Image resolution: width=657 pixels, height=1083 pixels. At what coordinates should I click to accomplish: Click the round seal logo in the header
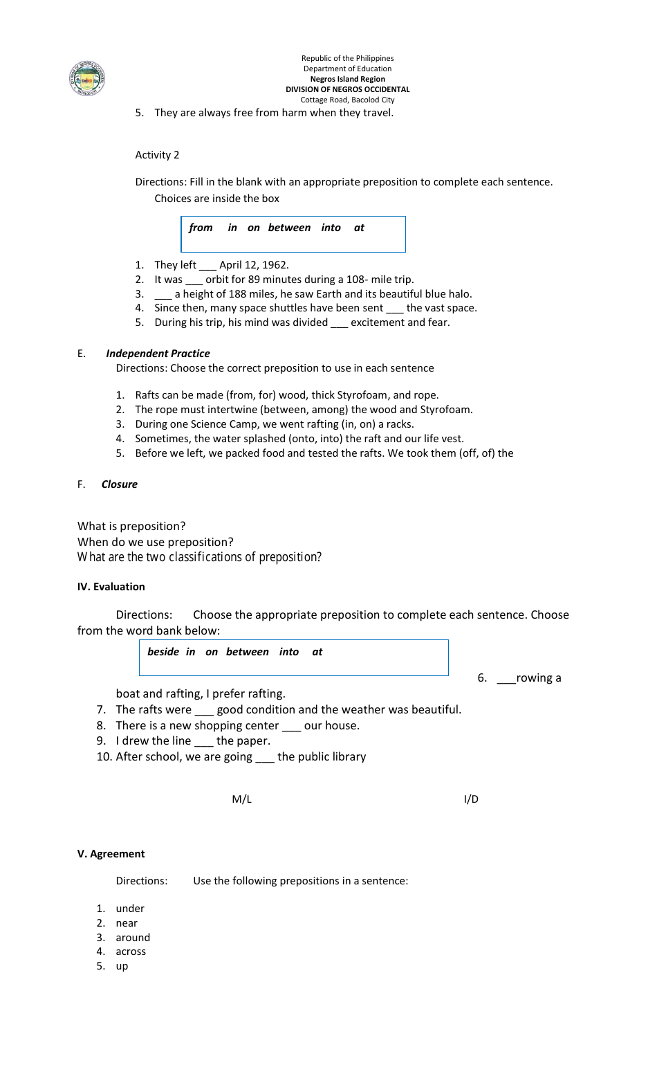(87, 78)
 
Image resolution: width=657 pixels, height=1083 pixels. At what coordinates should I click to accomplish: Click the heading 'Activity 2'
(157, 155)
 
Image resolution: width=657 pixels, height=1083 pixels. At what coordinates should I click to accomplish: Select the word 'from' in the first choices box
(201, 228)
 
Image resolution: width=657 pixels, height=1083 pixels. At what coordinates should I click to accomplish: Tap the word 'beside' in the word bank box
(163, 652)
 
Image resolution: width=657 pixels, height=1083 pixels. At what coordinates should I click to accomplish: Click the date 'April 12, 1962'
(253, 265)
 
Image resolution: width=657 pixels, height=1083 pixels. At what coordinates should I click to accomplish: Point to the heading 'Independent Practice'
(158, 354)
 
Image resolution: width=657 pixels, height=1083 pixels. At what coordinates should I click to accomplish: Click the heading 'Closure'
(119, 484)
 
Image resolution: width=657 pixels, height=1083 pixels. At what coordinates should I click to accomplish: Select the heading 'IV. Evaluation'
(111, 587)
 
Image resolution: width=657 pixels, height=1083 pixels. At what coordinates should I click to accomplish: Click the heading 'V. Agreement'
(111, 854)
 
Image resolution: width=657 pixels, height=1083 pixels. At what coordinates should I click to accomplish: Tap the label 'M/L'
(241, 799)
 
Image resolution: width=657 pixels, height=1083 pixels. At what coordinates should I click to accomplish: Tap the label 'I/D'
(471, 799)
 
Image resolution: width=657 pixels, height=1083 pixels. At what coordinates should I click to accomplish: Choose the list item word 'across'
(131, 952)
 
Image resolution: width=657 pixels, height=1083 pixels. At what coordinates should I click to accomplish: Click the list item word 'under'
(130, 909)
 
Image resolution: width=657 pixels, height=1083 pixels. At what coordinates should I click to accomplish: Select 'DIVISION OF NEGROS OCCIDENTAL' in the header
(347, 89)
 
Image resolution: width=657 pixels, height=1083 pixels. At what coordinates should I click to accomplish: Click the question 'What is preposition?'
(131, 527)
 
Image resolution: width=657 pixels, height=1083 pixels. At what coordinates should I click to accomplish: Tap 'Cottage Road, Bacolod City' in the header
(347, 100)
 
